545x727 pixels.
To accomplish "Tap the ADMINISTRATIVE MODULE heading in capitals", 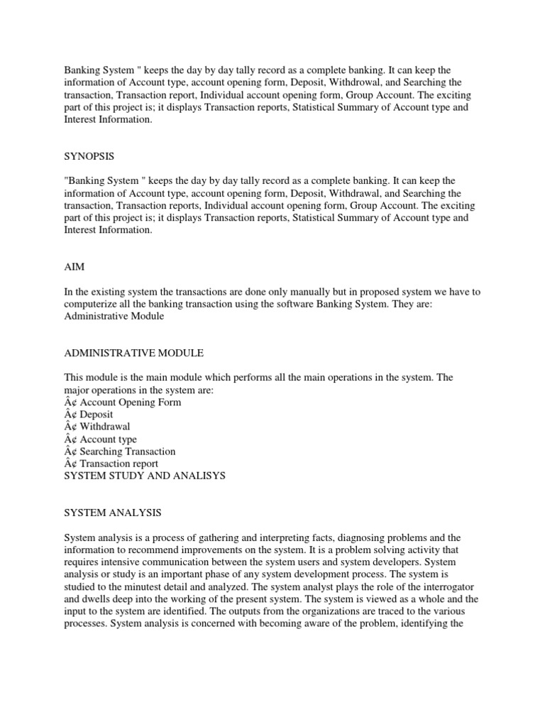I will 134,353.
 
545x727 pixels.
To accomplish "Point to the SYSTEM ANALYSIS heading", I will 113,513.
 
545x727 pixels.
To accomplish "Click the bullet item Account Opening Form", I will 131,403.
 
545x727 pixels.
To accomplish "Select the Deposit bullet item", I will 97,415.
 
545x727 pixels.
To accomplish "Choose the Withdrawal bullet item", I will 105,427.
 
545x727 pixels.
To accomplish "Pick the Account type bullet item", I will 109,439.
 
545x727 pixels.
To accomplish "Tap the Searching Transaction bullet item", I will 128,452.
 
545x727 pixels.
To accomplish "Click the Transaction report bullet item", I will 119,464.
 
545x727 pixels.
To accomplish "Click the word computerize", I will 92,304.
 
